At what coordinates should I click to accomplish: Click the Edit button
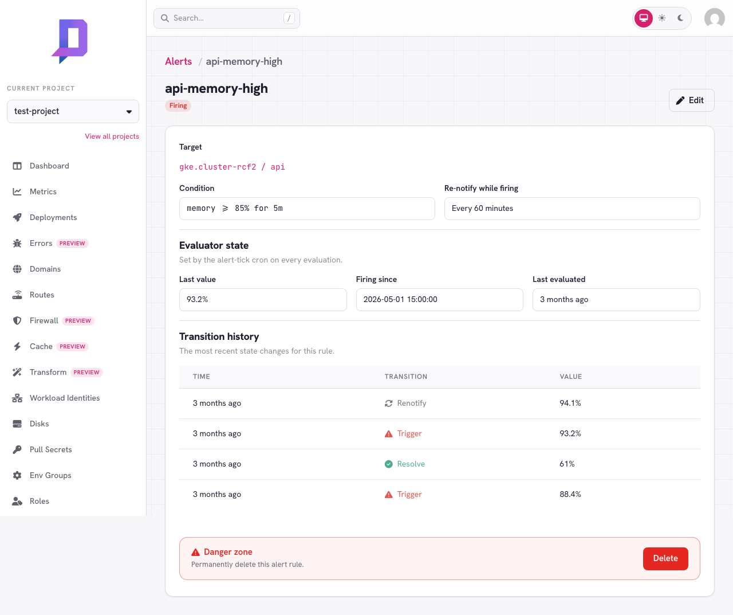click(x=691, y=100)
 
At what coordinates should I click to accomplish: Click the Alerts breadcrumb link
click(x=178, y=61)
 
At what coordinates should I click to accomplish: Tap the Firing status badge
click(x=178, y=106)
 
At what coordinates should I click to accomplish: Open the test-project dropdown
click(x=73, y=111)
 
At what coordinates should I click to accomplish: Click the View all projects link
click(x=112, y=136)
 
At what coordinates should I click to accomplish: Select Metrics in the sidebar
click(x=43, y=191)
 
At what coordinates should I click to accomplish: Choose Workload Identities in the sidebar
click(x=65, y=398)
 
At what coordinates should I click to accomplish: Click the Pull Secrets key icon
click(x=17, y=449)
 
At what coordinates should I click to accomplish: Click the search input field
click(x=227, y=18)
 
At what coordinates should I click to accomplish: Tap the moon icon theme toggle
click(x=680, y=18)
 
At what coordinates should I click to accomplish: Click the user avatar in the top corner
click(x=715, y=18)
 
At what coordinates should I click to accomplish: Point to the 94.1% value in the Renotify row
click(x=570, y=403)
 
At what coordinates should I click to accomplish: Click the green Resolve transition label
click(x=411, y=464)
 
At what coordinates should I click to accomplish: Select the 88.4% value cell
click(x=570, y=494)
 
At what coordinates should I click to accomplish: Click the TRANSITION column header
click(x=406, y=377)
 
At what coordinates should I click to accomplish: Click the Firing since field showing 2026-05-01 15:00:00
click(x=440, y=300)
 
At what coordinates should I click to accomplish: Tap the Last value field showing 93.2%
click(x=263, y=300)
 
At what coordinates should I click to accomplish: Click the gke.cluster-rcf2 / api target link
click(x=232, y=167)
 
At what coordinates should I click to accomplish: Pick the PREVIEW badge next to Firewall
click(x=78, y=321)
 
